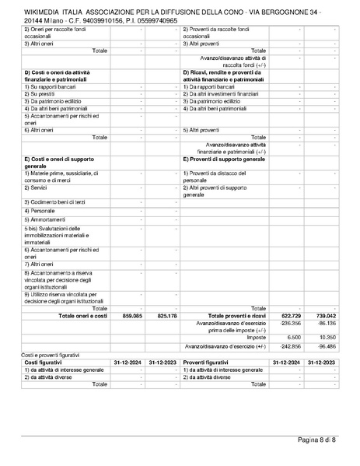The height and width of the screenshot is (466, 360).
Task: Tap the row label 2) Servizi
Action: point(37,187)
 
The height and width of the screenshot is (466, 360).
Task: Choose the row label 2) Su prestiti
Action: point(40,93)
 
